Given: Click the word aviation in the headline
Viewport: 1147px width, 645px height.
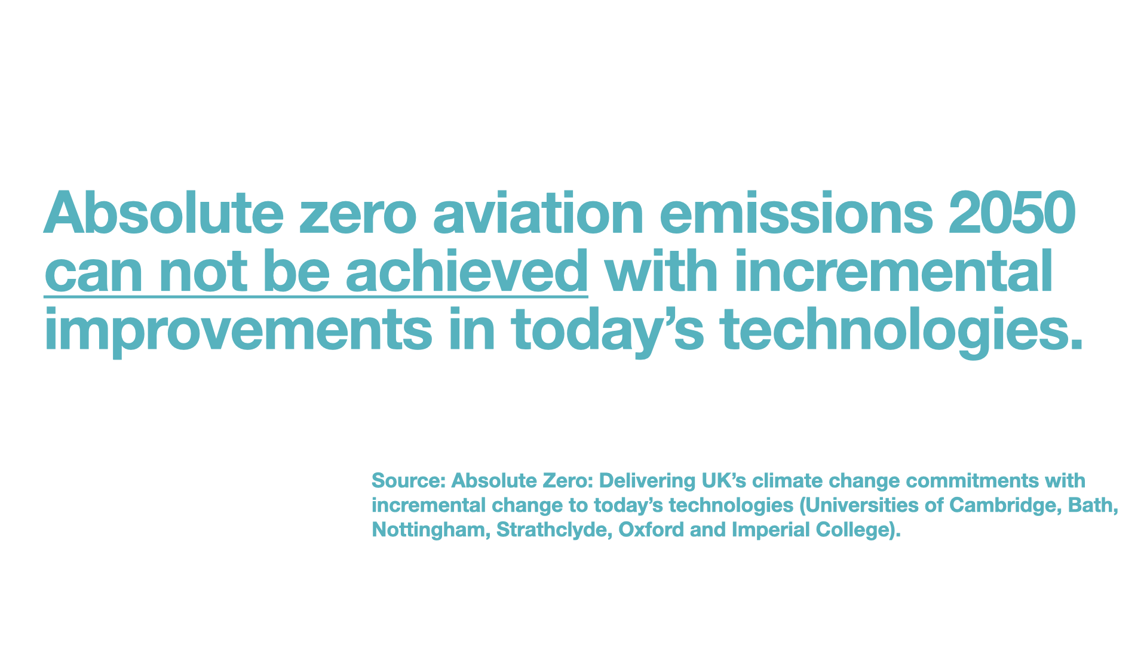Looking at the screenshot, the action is [x=538, y=213].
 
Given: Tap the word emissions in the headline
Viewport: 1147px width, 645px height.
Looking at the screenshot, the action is [x=796, y=213].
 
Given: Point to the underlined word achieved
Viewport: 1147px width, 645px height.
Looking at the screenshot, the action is [x=467, y=271].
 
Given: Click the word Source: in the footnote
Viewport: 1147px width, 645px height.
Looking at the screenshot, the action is [x=409, y=481].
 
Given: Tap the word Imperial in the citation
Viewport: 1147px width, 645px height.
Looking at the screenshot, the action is [x=771, y=530].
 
